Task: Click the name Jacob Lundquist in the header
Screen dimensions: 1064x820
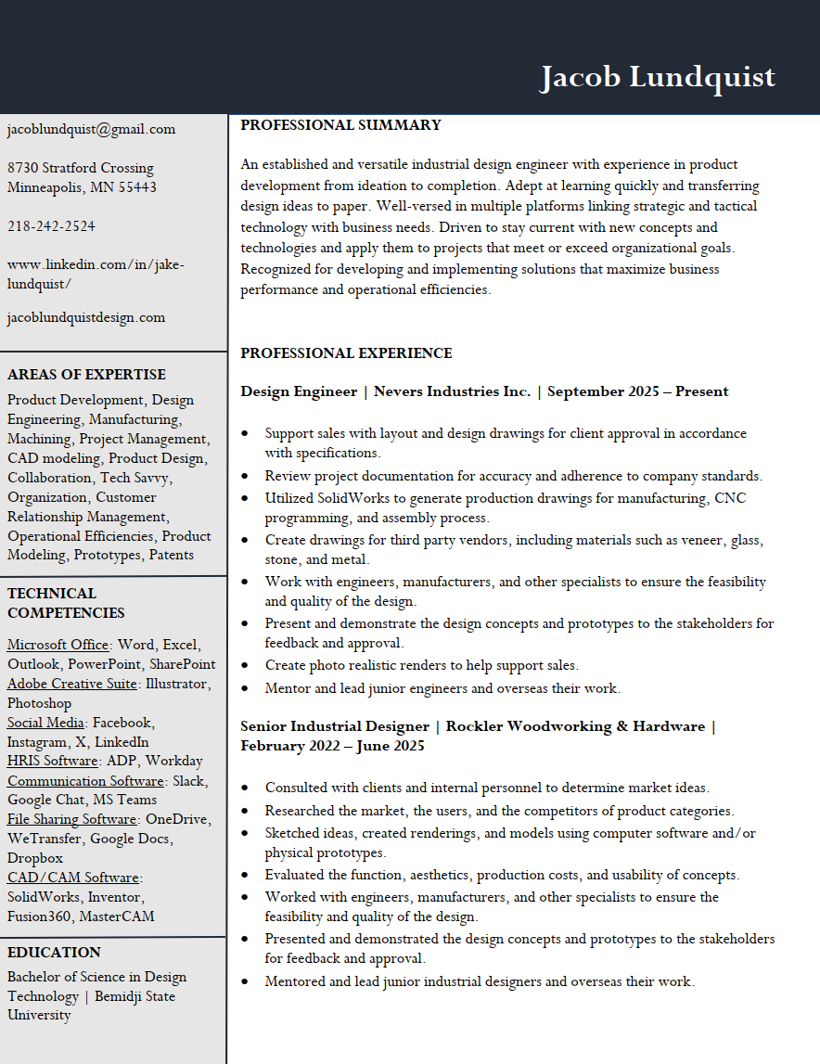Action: (x=657, y=77)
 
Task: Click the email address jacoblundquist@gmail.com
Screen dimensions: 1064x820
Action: (x=91, y=129)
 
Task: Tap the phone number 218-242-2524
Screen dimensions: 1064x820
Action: (x=51, y=226)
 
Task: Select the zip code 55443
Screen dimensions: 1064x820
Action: (x=136, y=187)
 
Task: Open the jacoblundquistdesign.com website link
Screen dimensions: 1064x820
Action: (x=86, y=317)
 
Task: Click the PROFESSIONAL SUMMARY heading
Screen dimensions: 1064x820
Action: (x=340, y=125)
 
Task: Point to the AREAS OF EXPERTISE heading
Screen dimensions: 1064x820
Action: (x=86, y=375)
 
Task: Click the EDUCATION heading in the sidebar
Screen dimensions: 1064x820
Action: (x=54, y=953)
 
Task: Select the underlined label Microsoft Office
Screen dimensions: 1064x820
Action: (x=58, y=645)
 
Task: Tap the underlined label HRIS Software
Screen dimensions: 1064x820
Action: (x=52, y=762)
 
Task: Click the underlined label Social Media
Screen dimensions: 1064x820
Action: (x=46, y=723)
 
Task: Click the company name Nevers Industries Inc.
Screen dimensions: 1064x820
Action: (x=452, y=391)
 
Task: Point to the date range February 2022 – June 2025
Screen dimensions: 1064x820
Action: (x=332, y=746)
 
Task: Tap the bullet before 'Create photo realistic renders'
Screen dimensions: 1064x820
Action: (x=244, y=666)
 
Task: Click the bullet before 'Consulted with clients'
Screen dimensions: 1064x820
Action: (x=244, y=788)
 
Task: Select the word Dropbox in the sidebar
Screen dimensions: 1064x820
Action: (x=35, y=858)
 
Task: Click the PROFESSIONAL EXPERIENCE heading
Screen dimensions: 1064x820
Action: (x=346, y=353)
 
